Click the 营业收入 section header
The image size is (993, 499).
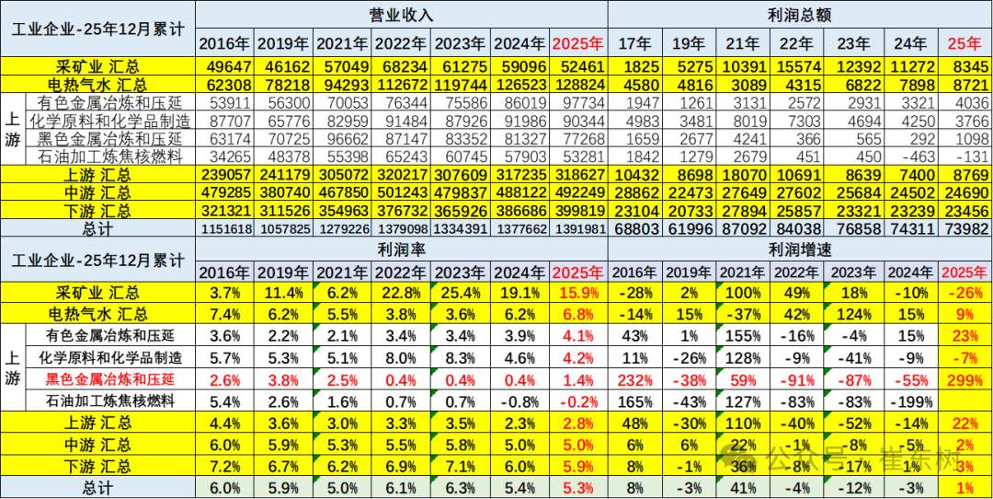pos(401,17)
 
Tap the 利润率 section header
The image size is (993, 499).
pos(401,249)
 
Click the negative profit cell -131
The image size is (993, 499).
pos(965,156)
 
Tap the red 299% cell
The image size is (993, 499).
pos(965,379)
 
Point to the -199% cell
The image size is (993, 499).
pos(912,400)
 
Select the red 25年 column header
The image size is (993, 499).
pos(965,42)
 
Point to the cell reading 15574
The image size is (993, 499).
pos(802,65)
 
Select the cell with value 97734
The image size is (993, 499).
pos(577,102)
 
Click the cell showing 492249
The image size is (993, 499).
pos(577,191)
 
